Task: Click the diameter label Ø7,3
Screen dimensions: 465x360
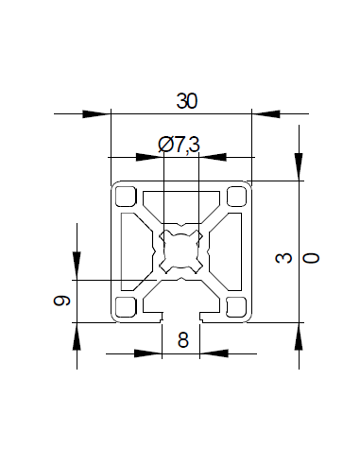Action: point(180,144)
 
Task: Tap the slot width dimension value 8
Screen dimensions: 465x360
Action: point(182,339)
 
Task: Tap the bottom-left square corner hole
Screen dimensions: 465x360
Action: point(125,305)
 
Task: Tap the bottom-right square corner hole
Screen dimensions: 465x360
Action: point(237,305)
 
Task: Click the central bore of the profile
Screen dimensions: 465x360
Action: point(180,250)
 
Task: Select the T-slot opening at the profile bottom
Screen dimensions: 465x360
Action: point(180,316)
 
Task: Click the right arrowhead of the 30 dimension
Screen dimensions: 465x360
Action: point(266,114)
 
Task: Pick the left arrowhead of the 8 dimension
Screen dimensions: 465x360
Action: point(147,354)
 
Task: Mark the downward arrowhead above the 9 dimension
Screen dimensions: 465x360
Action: point(76,267)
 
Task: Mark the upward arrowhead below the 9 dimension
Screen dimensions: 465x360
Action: point(76,336)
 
